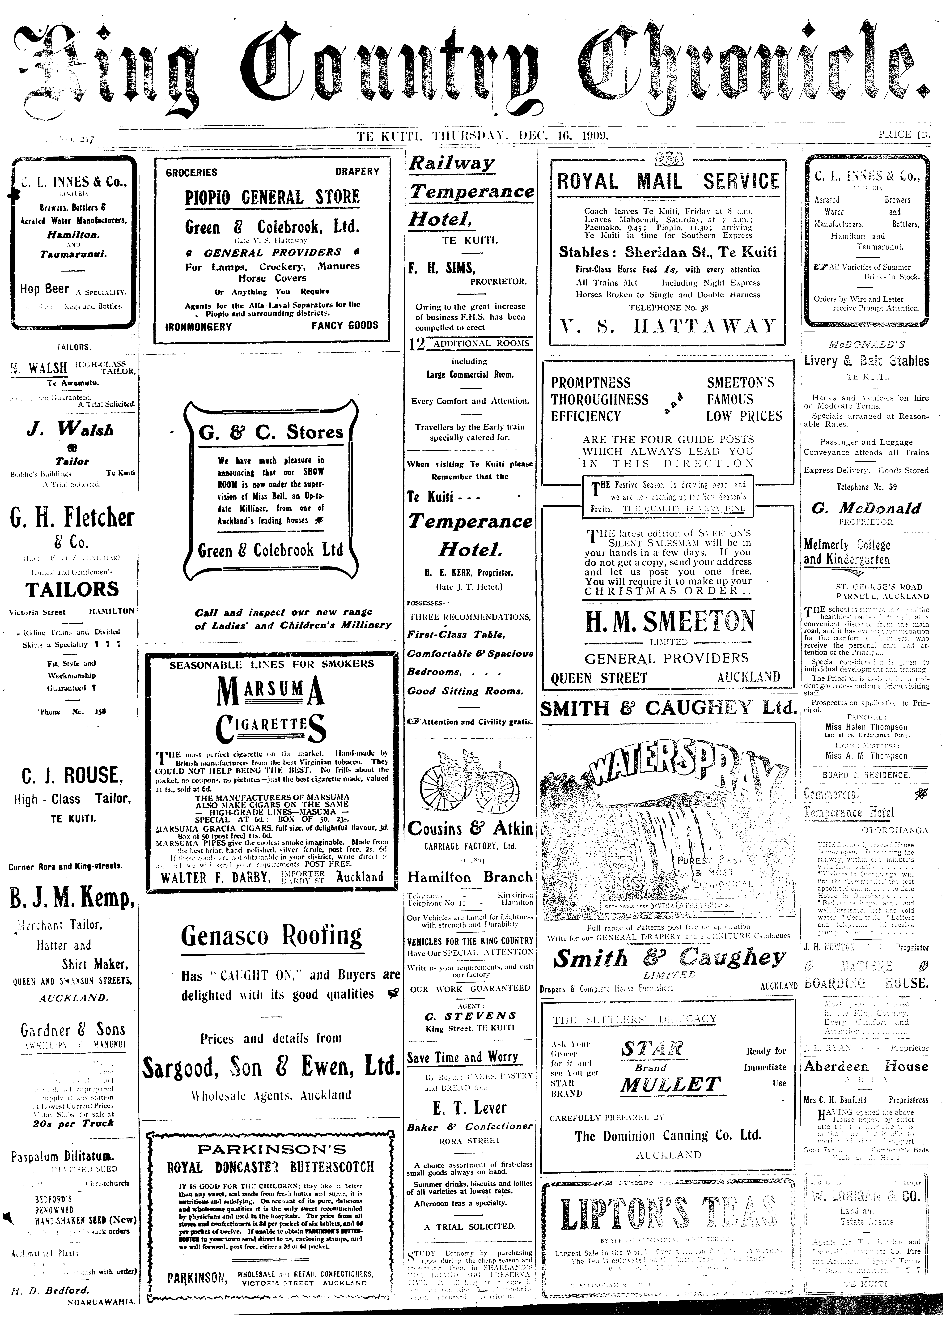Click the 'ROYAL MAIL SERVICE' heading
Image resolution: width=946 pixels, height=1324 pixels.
click(668, 181)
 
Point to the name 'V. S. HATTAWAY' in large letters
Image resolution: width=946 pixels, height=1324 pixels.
click(668, 326)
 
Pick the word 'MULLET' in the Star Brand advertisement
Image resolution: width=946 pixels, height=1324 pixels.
click(670, 1085)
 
